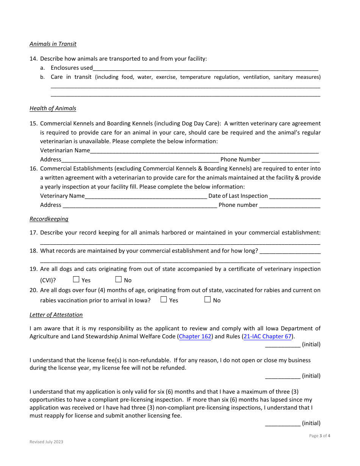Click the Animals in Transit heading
[53, 44]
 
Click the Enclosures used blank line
[205, 68]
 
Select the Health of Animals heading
[53, 108]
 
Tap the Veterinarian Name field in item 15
[204, 151]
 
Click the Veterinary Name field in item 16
[146, 196]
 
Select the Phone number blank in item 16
[290, 205]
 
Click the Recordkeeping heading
[49, 219]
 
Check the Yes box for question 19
[76, 280]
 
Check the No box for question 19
[118, 280]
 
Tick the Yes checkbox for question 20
[164, 300]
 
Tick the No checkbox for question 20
[207, 300]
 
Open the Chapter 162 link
[195, 336]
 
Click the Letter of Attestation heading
[56, 315]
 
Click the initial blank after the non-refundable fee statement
[283, 376]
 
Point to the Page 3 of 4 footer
[319, 436]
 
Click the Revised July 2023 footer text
[46, 442]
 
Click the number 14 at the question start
[33, 59]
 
